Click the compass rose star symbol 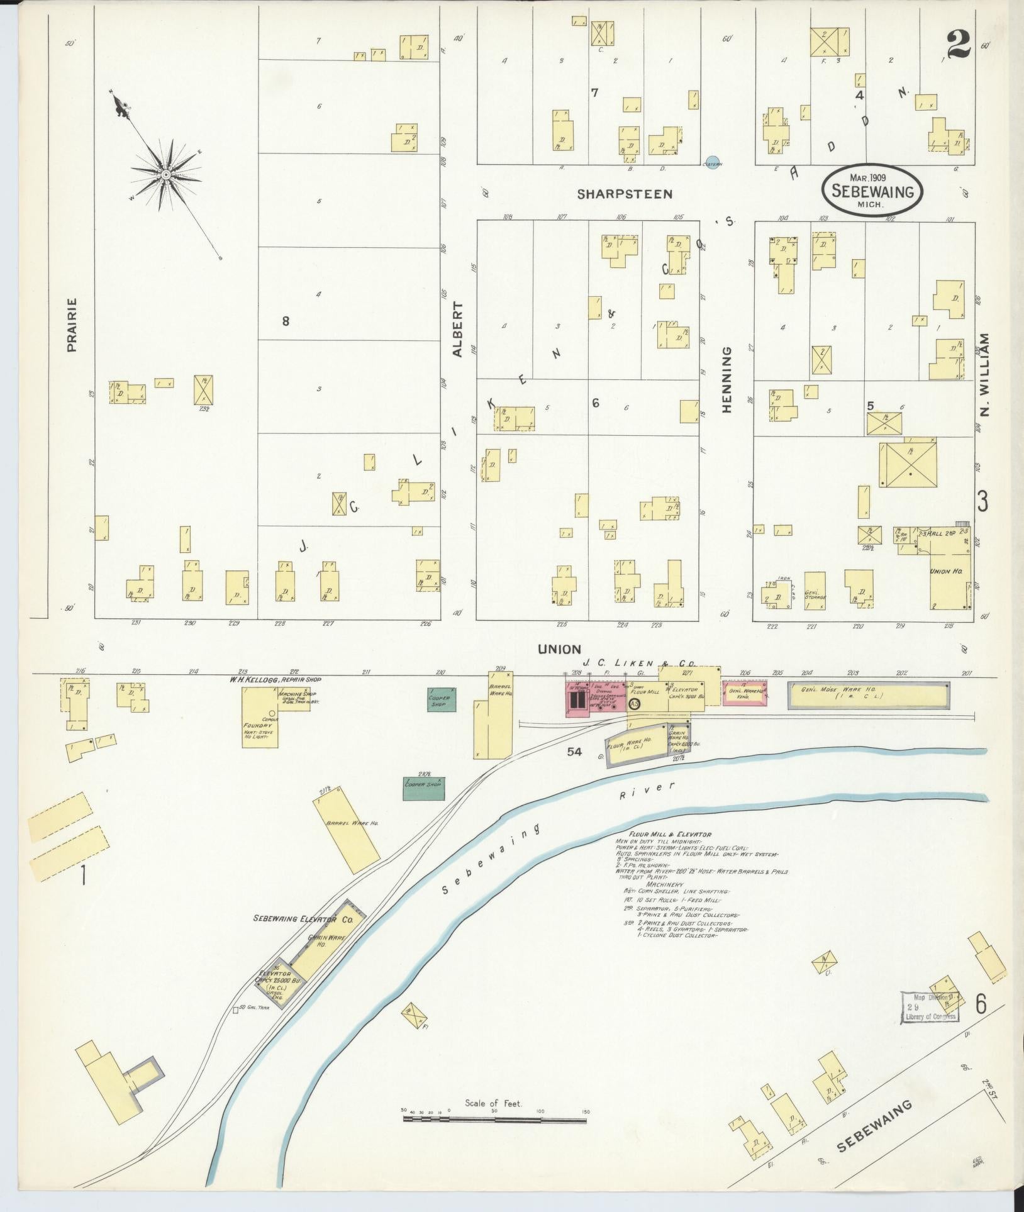coord(165,173)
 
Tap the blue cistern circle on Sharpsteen coord(711,161)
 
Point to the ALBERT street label coord(457,330)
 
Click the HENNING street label coord(727,380)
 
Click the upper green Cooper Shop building coord(442,699)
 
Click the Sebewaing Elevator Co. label coord(303,918)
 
